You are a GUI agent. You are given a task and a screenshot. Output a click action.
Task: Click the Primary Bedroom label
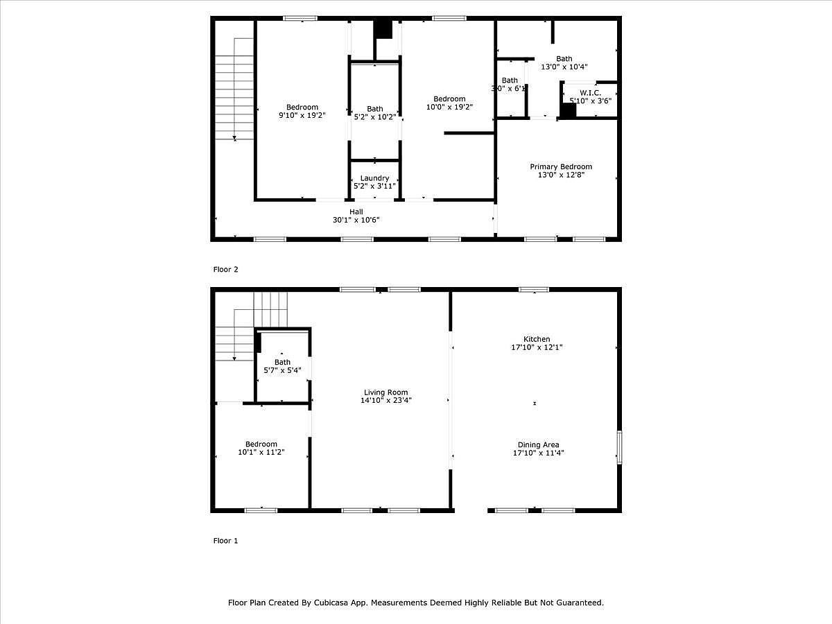coord(561,167)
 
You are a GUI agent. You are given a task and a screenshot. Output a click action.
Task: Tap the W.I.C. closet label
coord(590,93)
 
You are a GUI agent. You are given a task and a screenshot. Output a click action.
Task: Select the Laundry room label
coord(374,179)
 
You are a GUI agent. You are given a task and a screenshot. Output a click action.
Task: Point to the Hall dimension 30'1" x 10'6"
coord(356,220)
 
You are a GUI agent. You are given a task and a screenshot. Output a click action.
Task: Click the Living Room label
coord(384,392)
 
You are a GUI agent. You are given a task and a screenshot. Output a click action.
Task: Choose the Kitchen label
coord(537,339)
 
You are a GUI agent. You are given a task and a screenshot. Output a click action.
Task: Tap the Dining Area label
coord(538,445)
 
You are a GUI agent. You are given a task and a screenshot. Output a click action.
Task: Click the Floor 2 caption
coord(225,269)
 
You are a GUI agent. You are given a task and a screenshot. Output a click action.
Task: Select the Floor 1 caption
coord(225,541)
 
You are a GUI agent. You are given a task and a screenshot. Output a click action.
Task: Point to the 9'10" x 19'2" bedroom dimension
coord(302,115)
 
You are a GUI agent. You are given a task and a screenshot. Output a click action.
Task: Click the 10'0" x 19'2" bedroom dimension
coord(449,107)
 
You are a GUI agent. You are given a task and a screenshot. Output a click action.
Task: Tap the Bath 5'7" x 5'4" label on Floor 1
coord(282,363)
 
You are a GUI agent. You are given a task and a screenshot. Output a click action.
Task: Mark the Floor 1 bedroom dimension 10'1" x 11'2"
coord(261,453)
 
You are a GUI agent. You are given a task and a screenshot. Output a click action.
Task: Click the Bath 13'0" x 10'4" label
coord(564,59)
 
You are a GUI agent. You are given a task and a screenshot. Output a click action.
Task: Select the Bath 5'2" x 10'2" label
coord(374,109)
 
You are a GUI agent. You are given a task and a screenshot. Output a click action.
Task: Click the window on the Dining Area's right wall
coord(619,447)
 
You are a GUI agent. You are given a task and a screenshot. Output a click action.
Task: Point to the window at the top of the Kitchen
coord(534,290)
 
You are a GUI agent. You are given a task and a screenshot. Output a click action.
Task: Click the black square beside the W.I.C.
coord(568,111)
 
